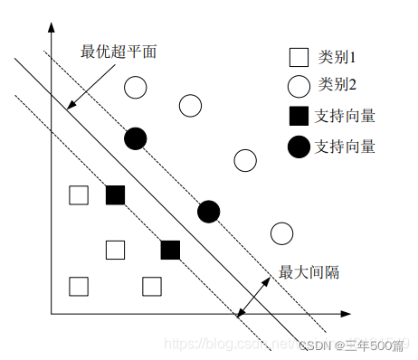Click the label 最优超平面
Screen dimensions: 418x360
pos(119,52)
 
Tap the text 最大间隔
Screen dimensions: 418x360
pos(309,271)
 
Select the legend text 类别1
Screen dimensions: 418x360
pos(337,58)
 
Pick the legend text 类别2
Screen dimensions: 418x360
pos(337,86)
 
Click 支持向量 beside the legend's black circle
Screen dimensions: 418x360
pos(345,146)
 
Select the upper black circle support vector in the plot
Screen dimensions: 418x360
pos(136,138)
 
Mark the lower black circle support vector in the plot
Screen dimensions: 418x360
pos(208,212)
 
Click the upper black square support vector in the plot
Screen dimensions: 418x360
pos(115,194)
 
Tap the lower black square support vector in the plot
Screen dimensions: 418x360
pos(170,250)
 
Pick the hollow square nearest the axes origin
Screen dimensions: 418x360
pos(79,287)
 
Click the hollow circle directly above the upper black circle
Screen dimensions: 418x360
pos(136,88)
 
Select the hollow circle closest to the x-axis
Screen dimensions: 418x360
pos(281,233)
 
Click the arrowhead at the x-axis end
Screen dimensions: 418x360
pos(345,314)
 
